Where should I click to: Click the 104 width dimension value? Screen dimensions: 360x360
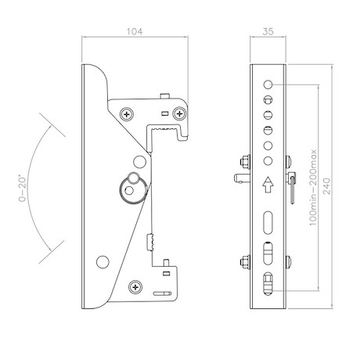(135, 31)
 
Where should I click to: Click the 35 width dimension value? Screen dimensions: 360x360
(268, 31)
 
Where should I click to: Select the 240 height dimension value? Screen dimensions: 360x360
(327, 186)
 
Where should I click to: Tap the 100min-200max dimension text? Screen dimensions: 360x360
(313, 188)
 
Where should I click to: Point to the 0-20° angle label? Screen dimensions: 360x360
(23, 189)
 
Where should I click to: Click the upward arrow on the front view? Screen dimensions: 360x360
(268, 185)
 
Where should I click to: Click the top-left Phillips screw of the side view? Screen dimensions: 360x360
(127, 114)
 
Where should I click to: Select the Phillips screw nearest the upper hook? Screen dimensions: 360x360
(179, 113)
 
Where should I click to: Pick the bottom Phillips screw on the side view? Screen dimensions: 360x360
(135, 287)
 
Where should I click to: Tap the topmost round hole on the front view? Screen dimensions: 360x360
(268, 85)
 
